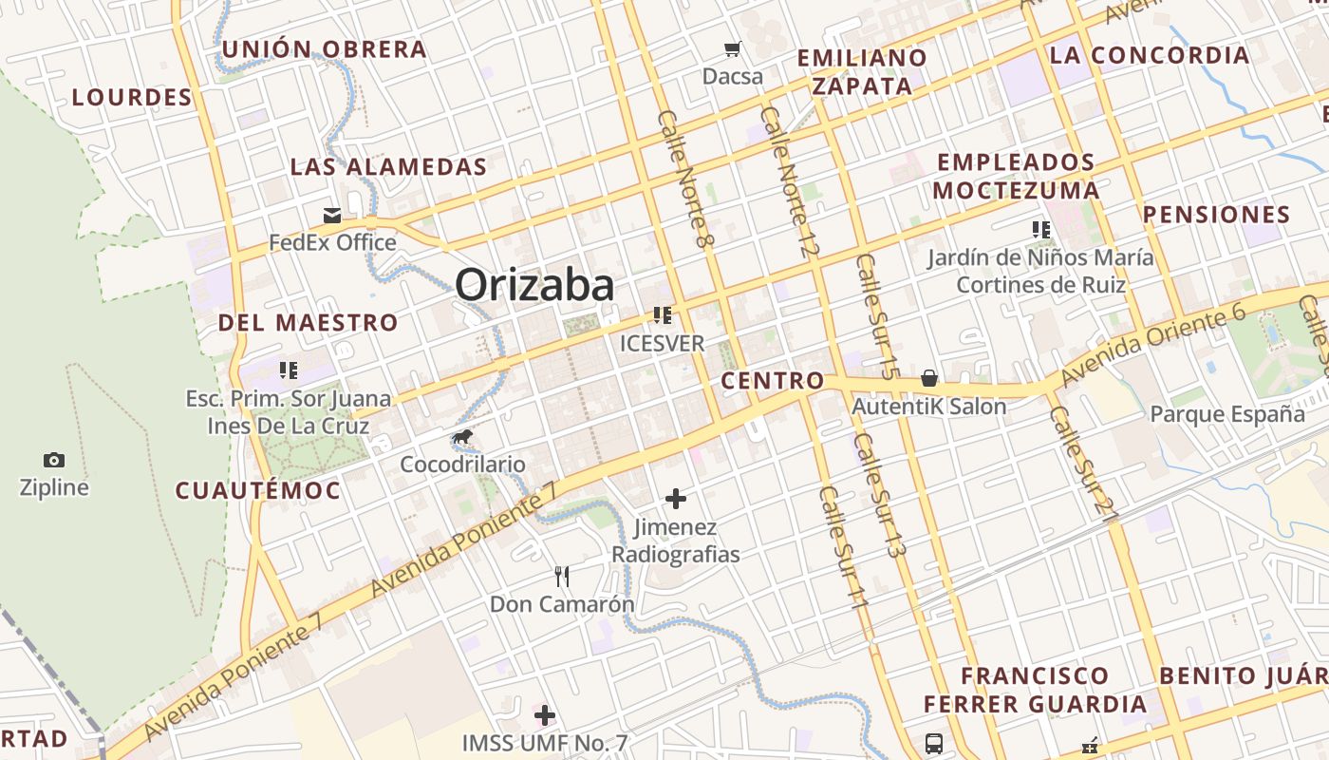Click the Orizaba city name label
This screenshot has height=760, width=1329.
tap(534, 285)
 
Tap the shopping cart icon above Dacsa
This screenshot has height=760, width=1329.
tap(732, 48)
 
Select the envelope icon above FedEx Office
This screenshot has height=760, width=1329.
tap(332, 216)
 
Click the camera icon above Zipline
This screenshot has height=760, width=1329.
tap(54, 461)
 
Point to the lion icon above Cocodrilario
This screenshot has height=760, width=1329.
tap(462, 438)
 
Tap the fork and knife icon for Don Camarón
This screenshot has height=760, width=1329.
tap(562, 576)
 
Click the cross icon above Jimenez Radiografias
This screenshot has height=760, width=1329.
tap(676, 498)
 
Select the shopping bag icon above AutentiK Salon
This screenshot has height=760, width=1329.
tap(929, 378)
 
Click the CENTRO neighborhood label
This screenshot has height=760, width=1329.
tap(773, 381)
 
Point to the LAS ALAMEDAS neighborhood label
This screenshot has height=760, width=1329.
tap(388, 167)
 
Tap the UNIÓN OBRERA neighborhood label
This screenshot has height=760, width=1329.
tap(324, 49)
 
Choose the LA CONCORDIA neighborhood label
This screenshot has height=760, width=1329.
tap(1149, 55)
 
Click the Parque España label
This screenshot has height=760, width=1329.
tap(1227, 414)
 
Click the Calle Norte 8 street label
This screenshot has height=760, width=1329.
tap(684, 180)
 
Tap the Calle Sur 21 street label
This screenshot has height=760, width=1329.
tap(1084, 464)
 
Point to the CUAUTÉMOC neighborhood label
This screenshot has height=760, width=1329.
tap(257, 490)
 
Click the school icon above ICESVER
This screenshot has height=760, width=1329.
tap(662, 315)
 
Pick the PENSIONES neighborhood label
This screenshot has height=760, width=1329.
tap(1216, 214)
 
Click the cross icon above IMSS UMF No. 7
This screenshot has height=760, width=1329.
tap(545, 714)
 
